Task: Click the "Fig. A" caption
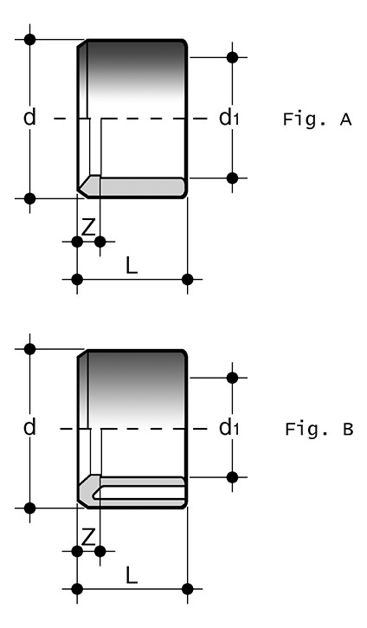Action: click(x=317, y=120)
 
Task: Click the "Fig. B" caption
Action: click(x=319, y=429)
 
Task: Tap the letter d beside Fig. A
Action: click(x=29, y=118)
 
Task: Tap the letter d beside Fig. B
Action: click(x=29, y=427)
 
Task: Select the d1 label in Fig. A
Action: click(x=229, y=117)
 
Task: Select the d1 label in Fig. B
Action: click(x=229, y=428)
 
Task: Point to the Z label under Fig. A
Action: click(x=88, y=227)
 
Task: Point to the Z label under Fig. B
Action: click(x=88, y=537)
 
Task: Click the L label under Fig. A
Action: click(x=132, y=265)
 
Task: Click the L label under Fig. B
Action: click(x=132, y=575)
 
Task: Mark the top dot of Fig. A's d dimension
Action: click(x=29, y=39)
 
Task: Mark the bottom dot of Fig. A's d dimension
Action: click(x=29, y=198)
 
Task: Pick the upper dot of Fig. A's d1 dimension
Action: click(x=232, y=57)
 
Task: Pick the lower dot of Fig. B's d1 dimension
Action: click(x=232, y=477)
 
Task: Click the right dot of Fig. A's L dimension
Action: click(x=187, y=279)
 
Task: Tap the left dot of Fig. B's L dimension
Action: click(x=77, y=589)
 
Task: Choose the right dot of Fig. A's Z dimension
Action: click(x=100, y=242)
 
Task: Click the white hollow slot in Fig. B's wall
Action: click(x=139, y=492)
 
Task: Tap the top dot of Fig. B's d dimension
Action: click(x=29, y=349)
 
